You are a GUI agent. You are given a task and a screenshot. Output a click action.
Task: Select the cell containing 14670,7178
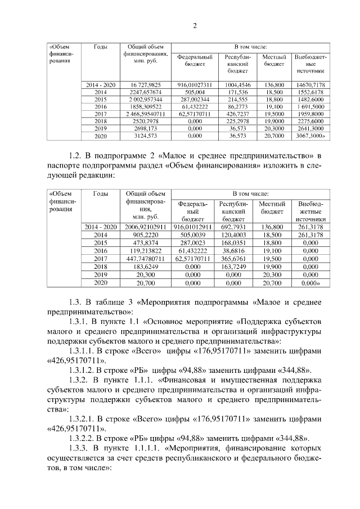coord(309,84)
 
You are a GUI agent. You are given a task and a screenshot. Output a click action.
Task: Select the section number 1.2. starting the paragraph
coord(74,154)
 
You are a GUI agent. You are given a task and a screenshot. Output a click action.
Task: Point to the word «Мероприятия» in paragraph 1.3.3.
coord(197,448)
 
